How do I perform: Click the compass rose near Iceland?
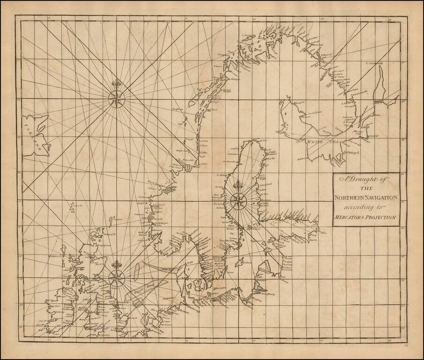click(x=116, y=98)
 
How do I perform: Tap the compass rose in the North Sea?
click(x=116, y=278)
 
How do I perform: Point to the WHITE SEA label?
click(x=321, y=141)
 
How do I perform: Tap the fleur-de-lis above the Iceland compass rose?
click(x=116, y=84)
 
